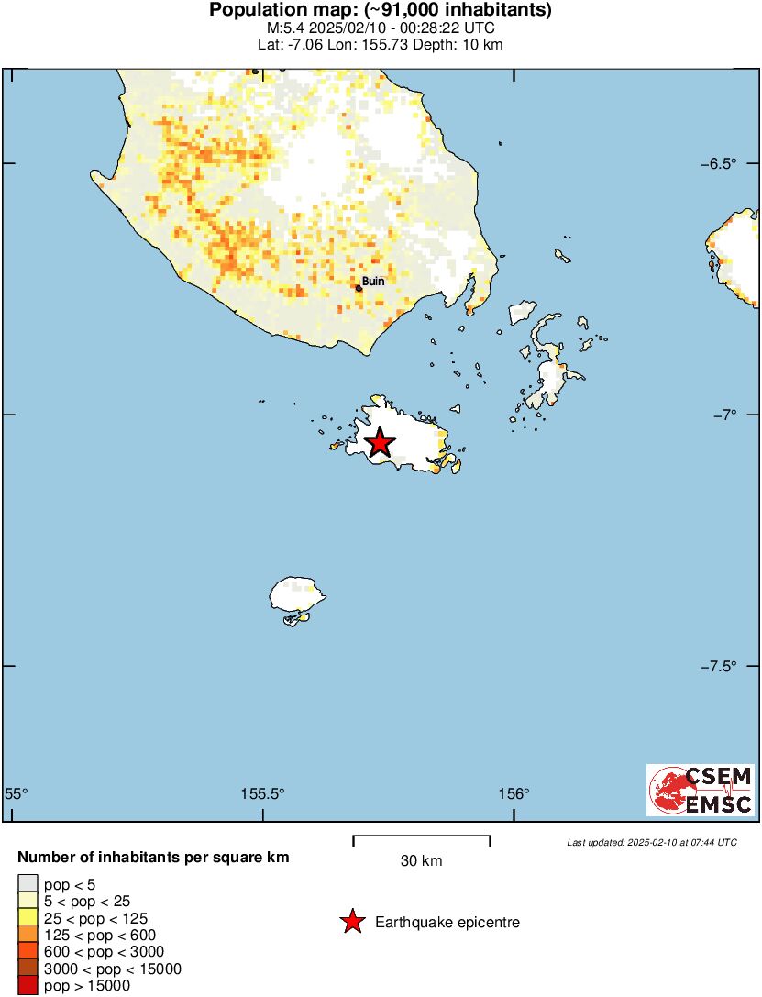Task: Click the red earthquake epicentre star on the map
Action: pos(379,442)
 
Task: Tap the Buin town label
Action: pos(373,282)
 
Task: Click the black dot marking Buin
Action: pos(359,288)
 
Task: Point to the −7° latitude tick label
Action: pos(723,415)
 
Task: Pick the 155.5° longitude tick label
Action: pos(263,794)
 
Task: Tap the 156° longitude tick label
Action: pos(514,794)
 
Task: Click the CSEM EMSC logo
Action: pos(701,790)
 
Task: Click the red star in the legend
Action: pos(351,922)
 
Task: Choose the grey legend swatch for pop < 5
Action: pos(27,885)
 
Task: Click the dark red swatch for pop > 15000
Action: pos(27,986)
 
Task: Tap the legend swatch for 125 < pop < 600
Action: pos(27,936)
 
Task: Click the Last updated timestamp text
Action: pos(651,842)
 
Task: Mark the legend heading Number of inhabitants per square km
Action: pos(154,859)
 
